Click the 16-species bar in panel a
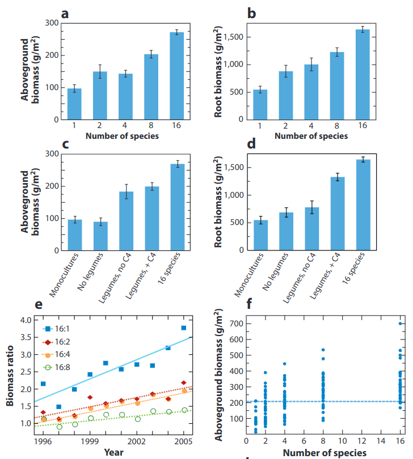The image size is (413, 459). coord(177,76)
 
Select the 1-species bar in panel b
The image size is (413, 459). coord(260,104)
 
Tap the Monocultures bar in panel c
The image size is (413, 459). coord(74,235)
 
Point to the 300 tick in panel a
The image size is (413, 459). coord(52,23)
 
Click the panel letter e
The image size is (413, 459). coord(39,305)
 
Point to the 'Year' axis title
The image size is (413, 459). coord(112,452)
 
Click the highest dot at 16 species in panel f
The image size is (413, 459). coord(401,324)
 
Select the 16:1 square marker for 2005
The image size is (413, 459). coord(184,328)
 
